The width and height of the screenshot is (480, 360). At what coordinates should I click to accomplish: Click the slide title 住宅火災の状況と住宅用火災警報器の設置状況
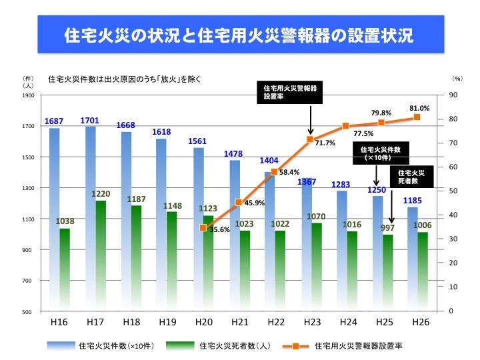pyautogui.click(x=239, y=35)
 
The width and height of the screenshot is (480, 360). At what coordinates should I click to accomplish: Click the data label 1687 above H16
pyautogui.click(x=55, y=121)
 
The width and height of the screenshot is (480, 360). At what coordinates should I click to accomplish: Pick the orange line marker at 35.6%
pyautogui.click(x=203, y=228)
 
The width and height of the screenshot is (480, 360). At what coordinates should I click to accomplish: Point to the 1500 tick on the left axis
pyautogui.click(x=27, y=157)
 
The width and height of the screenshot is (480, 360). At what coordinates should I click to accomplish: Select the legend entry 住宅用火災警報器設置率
pyautogui.click(x=357, y=346)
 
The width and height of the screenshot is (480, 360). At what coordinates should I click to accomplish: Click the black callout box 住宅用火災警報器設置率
pyautogui.click(x=290, y=92)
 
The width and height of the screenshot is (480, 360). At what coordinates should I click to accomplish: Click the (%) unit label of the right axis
pyautogui.click(x=457, y=79)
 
